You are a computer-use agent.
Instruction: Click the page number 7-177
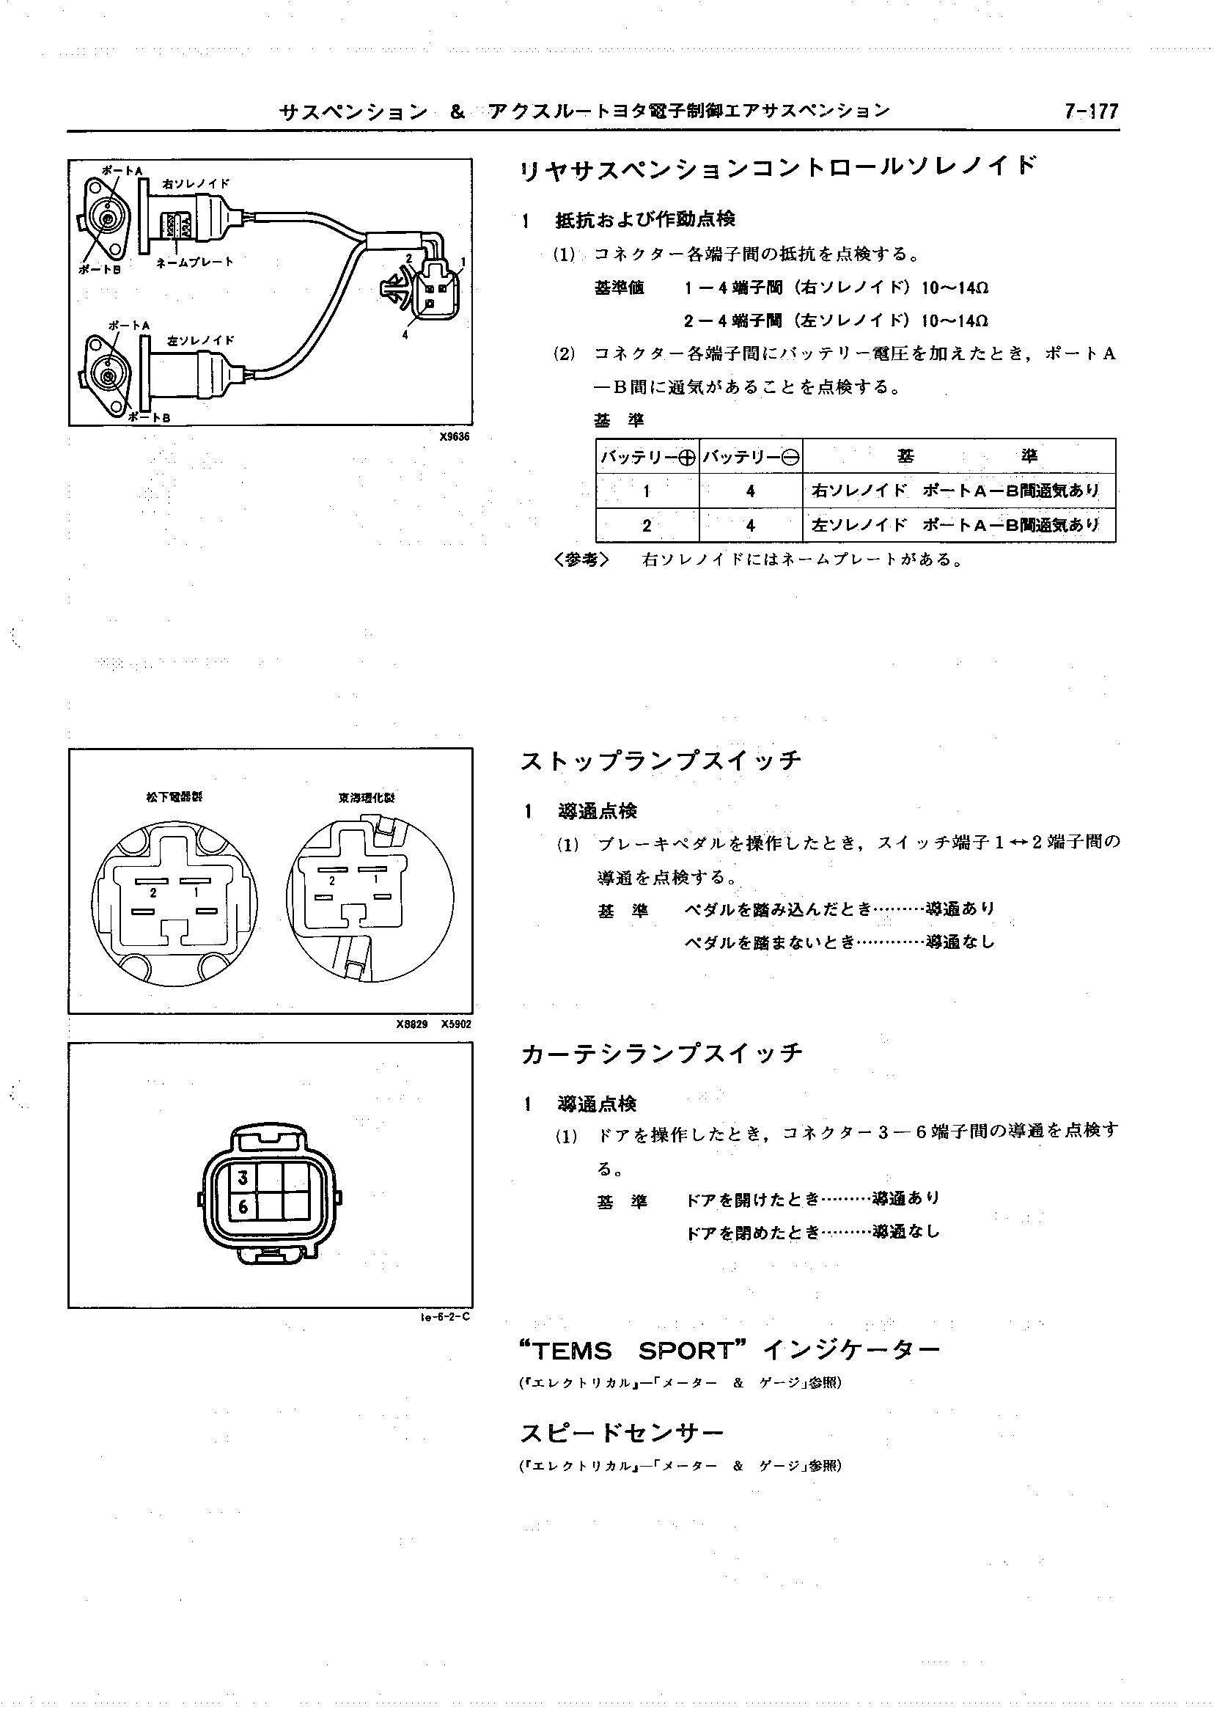(1091, 111)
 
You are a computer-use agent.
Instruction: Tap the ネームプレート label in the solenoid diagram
(195, 263)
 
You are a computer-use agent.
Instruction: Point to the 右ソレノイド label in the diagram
(196, 183)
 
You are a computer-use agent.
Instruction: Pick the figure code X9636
(455, 436)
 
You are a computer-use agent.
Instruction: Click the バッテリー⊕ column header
(647, 457)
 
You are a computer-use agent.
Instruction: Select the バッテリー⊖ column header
(751, 457)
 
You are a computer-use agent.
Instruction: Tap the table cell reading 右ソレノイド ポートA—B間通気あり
(958, 491)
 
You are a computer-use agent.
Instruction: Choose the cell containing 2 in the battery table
(647, 526)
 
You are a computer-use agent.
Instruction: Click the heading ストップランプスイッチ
(661, 762)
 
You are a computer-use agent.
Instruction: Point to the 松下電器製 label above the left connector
(174, 797)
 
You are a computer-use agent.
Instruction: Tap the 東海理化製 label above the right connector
(366, 798)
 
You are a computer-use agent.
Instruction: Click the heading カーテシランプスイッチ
(662, 1053)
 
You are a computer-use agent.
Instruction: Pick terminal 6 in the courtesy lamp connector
(243, 1206)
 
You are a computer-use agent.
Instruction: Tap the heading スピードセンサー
(621, 1434)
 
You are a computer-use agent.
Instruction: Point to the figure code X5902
(455, 1024)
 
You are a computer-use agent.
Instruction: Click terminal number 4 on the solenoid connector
(405, 335)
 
